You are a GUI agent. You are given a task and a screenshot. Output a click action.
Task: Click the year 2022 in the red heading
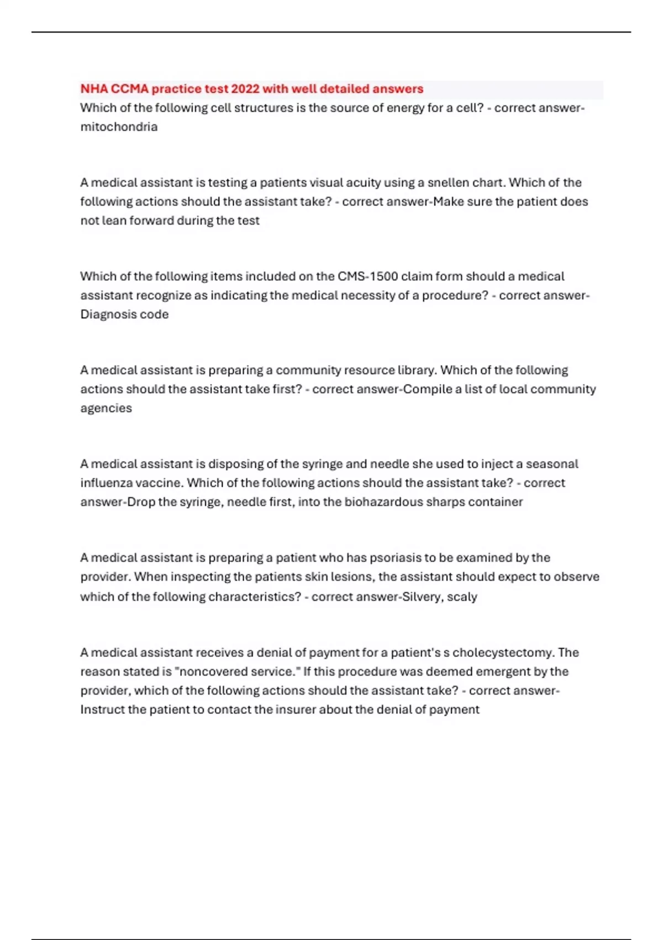[x=245, y=89]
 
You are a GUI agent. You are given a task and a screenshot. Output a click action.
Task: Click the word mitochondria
[x=119, y=127]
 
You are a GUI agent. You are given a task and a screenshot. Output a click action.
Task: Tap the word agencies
[x=106, y=408]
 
